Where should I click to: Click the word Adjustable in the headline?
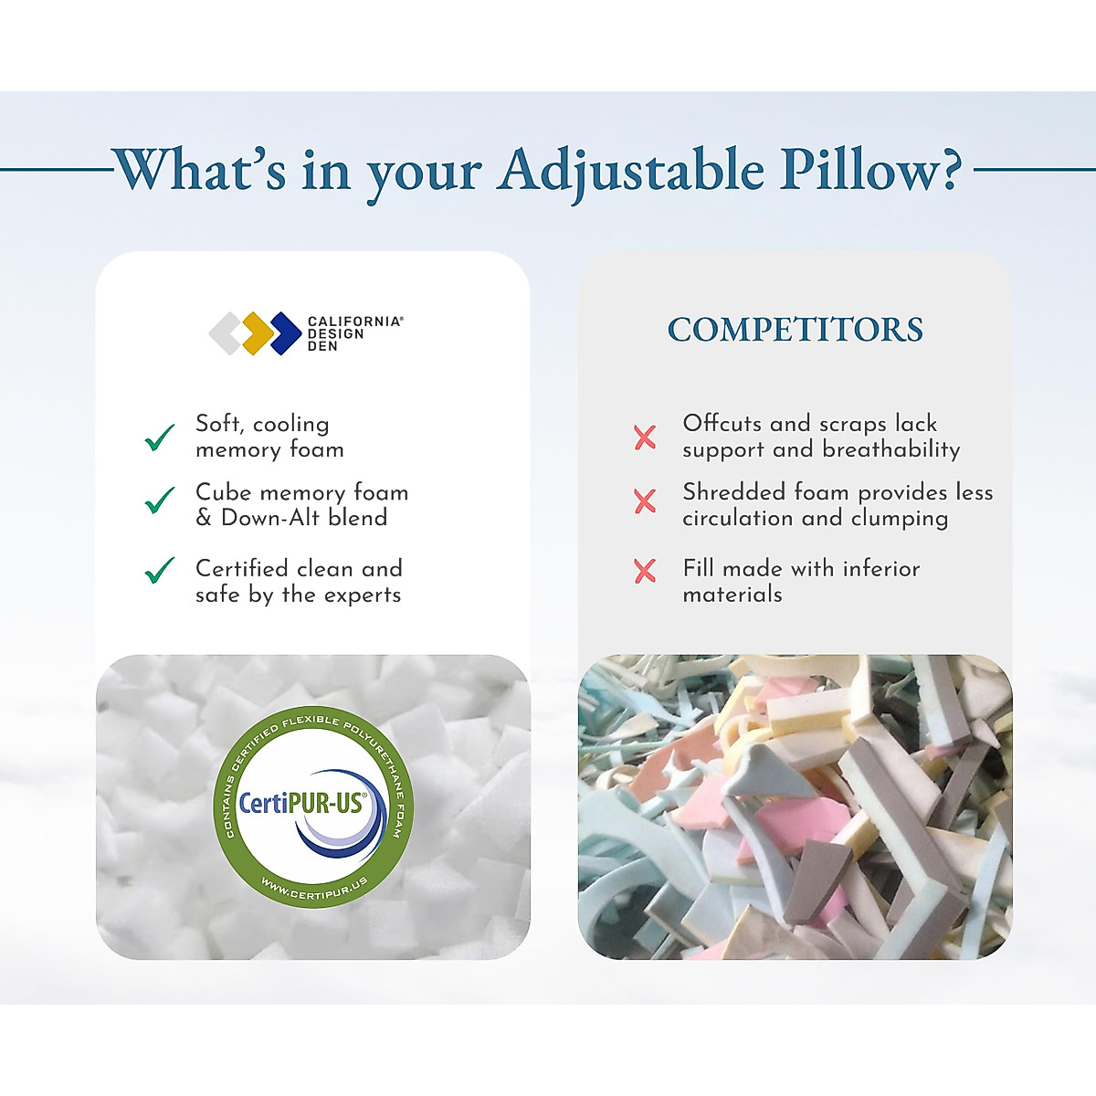pyautogui.click(x=630, y=171)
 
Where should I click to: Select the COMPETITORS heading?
pyautogui.click(x=795, y=330)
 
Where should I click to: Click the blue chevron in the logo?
pyautogui.click(x=286, y=333)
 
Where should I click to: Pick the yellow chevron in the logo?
pyautogui.click(x=258, y=333)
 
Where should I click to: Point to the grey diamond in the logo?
pyautogui.click(x=226, y=333)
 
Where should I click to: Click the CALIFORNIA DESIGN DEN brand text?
pyautogui.click(x=353, y=333)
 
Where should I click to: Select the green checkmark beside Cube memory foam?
pyautogui.click(x=160, y=501)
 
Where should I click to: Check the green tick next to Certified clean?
pyautogui.click(x=160, y=571)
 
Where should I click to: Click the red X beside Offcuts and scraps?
pyautogui.click(x=645, y=437)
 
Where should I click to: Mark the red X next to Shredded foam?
pyautogui.click(x=645, y=501)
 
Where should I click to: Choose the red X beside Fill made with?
pyautogui.click(x=645, y=571)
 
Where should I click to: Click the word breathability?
pyautogui.click(x=890, y=450)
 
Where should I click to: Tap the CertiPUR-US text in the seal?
pyautogui.click(x=300, y=804)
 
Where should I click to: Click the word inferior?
pyautogui.click(x=880, y=569)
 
